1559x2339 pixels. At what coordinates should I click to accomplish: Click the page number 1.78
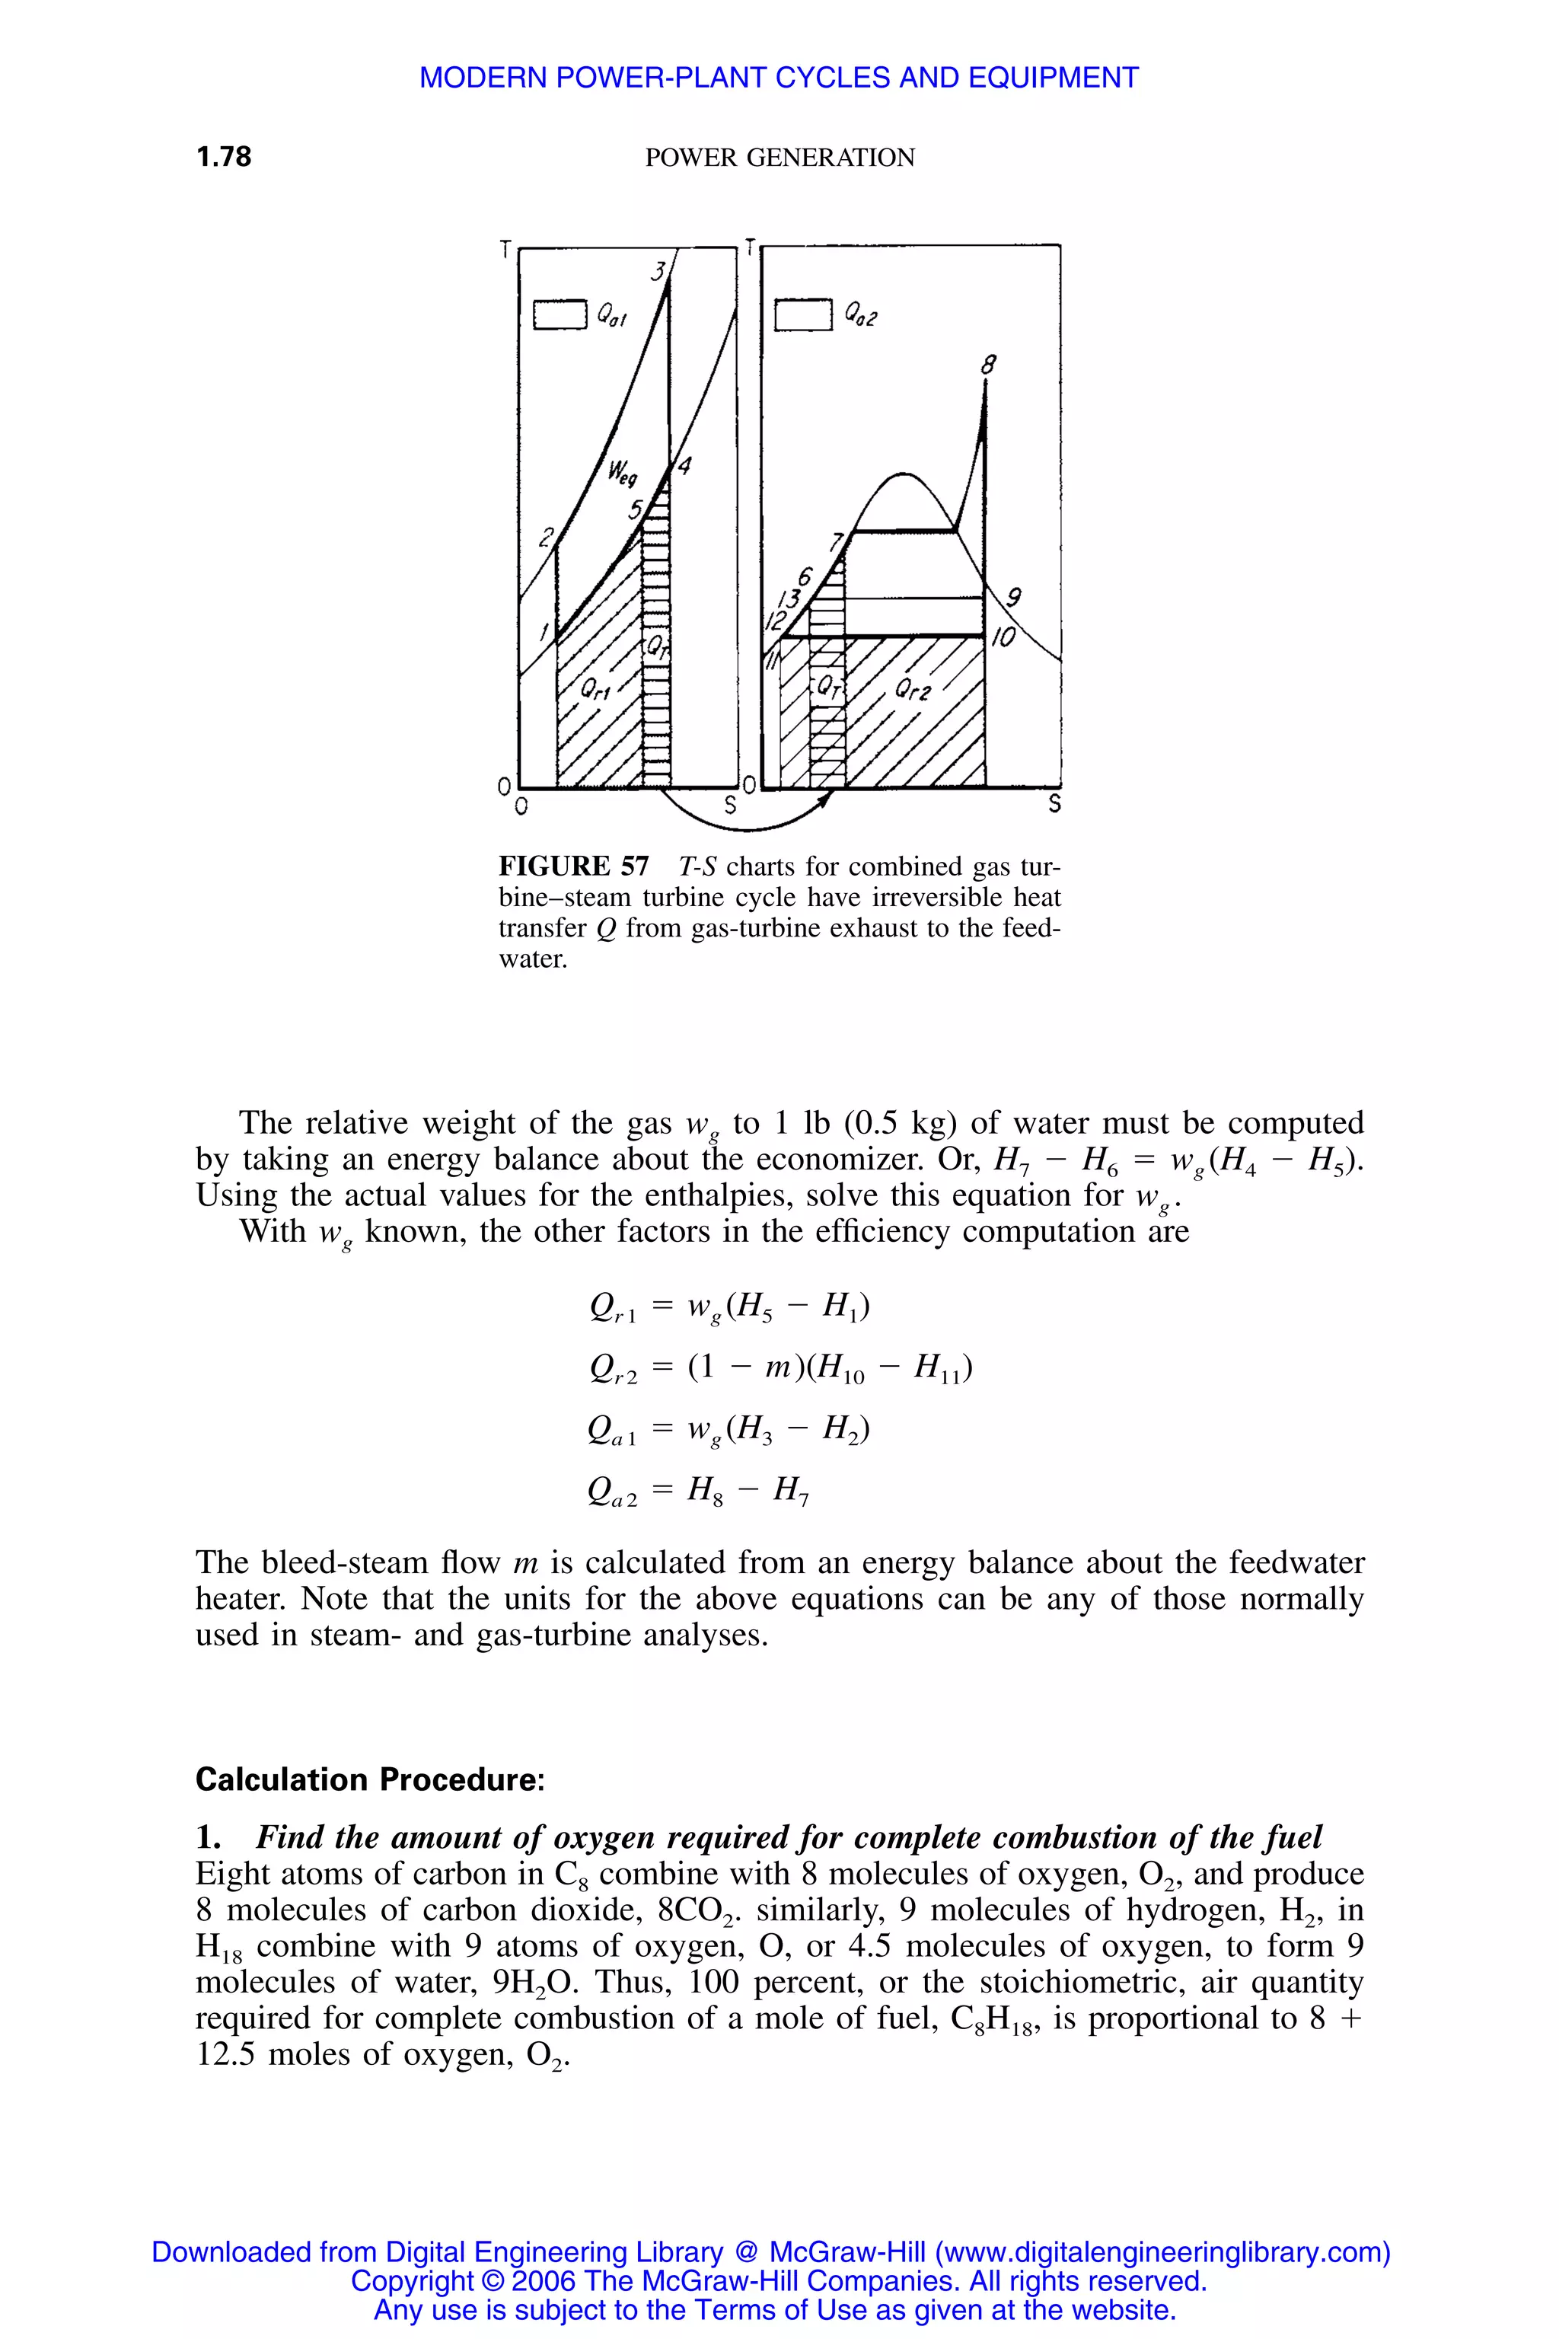(224, 156)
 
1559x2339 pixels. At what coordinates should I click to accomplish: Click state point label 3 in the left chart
(657, 270)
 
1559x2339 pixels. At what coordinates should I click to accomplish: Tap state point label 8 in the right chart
(987, 365)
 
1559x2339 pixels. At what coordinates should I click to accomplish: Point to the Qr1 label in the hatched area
(595, 689)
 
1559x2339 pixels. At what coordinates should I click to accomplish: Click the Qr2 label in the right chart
(912, 689)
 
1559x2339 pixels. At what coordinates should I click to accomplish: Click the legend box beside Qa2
(802, 314)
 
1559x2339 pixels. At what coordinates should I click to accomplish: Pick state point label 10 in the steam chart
(1003, 637)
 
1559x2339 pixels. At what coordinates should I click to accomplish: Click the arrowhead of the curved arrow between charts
(824, 799)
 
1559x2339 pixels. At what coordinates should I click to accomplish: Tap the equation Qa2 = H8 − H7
(699, 1491)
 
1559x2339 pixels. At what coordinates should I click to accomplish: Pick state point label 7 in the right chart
(836, 542)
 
